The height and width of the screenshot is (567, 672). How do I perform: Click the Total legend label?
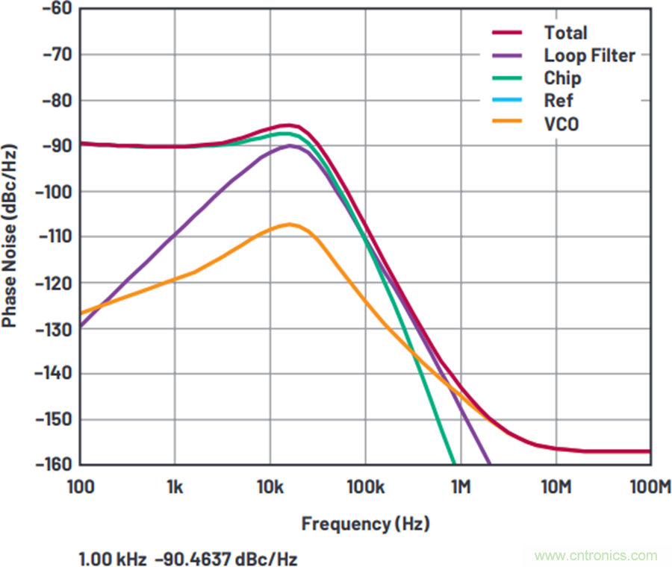pyautogui.click(x=565, y=33)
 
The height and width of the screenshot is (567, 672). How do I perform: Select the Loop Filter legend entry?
pyautogui.click(x=589, y=55)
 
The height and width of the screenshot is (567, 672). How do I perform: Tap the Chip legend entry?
pyautogui.click(x=562, y=78)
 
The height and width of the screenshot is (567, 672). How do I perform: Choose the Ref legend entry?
pyautogui.click(x=559, y=101)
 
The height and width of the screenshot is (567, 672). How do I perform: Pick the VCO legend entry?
pyautogui.click(x=561, y=124)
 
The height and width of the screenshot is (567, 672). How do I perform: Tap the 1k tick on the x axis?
pyautogui.click(x=175, y=486)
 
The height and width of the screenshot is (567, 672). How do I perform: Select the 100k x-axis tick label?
pyautogui.click(x=365, y=486)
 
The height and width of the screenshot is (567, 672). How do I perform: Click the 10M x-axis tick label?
pyautogui.click(x=555, y=486)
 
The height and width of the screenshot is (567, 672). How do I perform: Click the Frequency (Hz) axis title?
pyautogui.click(x=365, y=524)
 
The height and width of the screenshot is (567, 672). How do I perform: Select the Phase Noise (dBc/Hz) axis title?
pyautogui.click(x=10, y=236)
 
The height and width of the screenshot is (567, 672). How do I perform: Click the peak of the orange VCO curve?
pyautogui.click(x=288, y=224)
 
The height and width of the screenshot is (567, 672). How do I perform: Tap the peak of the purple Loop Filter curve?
pyautogui.click(x=290, y=145)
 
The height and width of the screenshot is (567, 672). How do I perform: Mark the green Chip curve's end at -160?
pyautogui.click(x=453, y=463)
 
